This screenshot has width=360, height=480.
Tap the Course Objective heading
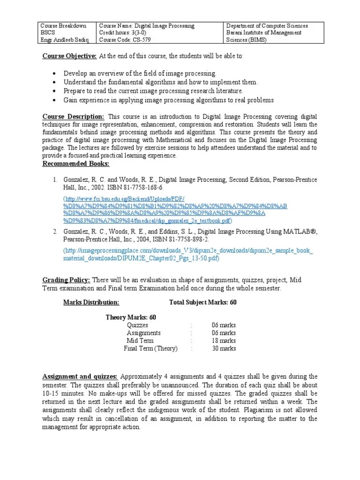[69, 56]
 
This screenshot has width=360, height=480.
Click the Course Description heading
[74, 117]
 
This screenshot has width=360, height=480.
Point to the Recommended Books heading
[75, 164]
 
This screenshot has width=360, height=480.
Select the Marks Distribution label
[91, 302]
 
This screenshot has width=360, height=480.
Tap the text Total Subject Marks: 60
[202, 302]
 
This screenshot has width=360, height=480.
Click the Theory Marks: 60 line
[131, 317]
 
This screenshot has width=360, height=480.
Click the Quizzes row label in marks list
[137, 325]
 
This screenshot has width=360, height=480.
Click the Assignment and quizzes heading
[80, 376]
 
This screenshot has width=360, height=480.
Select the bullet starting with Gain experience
[169, 100]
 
